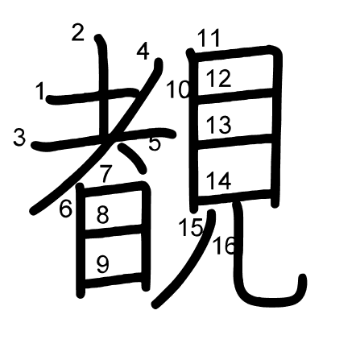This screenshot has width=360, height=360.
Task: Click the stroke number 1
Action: coord(40,91)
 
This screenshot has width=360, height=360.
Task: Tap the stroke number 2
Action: coord(78,32)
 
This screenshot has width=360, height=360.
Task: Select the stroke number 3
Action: coord(19,137)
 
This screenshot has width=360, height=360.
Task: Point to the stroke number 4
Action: coord(143,52)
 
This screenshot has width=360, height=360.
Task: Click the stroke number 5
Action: coord(155,143)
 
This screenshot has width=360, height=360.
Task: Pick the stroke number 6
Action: coord(66,209)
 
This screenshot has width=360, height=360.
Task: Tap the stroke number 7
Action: coord(105,174)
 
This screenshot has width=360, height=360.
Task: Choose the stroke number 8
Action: coord(103,215)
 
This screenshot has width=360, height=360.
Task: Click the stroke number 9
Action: coord(103,264)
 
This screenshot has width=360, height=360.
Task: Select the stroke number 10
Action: coord(178,89)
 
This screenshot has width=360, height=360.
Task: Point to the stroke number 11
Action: coord(209,38)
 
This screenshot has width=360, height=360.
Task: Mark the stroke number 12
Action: coord(218,78)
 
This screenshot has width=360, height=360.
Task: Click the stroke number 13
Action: coord(218,125)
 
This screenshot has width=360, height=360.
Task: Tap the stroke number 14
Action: coord(218,181)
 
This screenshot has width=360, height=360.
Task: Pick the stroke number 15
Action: coord(191,227)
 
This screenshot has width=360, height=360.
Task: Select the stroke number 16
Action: coord(224,246)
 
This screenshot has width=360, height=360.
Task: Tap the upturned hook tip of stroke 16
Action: coord(303,277)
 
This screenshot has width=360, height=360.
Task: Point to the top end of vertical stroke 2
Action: coord(98,37)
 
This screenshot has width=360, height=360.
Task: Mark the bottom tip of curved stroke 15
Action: coord(155,305)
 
